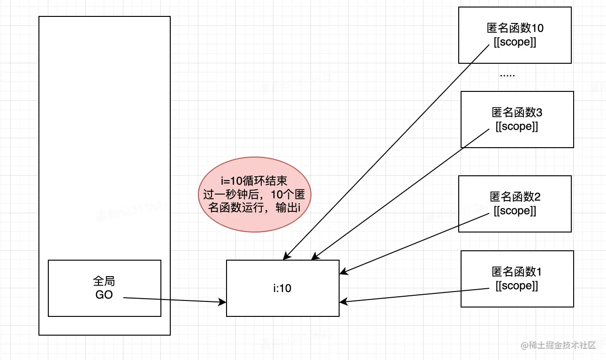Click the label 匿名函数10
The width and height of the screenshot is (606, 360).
[x=515, y=28]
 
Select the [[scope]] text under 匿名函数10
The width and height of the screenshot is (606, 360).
[x=515, y=42]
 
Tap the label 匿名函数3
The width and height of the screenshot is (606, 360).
[x=517, y=112]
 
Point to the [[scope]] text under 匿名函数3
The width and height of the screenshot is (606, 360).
[x=517, y=127]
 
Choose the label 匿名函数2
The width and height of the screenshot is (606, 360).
[x=515, y=197]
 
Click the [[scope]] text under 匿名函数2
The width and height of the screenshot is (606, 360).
[x=515, y=211]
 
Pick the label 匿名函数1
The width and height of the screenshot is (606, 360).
[x=517, y=272]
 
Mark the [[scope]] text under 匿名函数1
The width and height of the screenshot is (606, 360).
[x=517, y=286]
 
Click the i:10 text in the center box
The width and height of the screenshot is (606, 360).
[x=282, y=288]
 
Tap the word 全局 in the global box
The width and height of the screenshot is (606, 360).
[x=104, y=281]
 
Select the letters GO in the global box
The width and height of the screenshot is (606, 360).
[x=104, y=295]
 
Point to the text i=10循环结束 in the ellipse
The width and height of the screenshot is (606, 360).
[x=254, y=181]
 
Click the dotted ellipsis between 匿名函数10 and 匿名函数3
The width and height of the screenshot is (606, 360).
[x=508, y=75]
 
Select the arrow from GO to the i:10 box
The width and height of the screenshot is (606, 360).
[x=174, y=300]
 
